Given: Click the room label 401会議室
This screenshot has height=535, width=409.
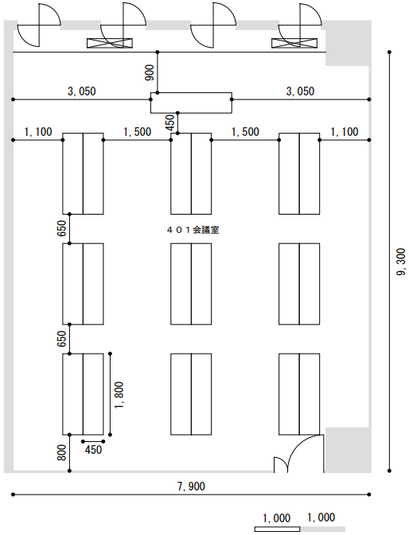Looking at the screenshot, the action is [193, 230].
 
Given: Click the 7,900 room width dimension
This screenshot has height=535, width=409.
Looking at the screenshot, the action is [191, 486].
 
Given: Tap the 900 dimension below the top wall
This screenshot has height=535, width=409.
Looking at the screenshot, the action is [150, 72].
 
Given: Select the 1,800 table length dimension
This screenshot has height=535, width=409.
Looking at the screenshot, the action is [119, 395].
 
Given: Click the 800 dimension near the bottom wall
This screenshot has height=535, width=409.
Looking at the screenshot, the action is [62, 452].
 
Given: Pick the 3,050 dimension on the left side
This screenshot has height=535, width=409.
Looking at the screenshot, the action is [82, 91].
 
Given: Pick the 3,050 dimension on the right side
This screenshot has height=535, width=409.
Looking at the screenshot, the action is [300, 91].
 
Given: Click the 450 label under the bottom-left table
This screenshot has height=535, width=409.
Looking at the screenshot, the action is [93, 450].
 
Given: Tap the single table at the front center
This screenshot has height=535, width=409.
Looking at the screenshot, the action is [191, 103].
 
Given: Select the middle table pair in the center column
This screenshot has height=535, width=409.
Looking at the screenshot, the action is [191, 284].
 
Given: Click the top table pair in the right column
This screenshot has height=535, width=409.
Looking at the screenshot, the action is [299, 173].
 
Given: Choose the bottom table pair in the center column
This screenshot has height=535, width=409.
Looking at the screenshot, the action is [191, 394].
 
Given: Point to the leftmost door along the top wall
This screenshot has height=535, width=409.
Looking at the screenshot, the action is [39, 25].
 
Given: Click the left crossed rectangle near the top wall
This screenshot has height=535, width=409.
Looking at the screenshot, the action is [110, 43].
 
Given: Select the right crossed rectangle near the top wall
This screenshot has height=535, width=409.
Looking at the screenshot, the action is [294, 43].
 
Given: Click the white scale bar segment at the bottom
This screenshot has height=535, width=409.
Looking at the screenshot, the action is [277, 529].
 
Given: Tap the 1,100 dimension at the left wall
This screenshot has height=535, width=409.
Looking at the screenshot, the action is [38, 132].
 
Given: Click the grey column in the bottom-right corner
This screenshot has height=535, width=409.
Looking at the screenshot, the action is [348, 450].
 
